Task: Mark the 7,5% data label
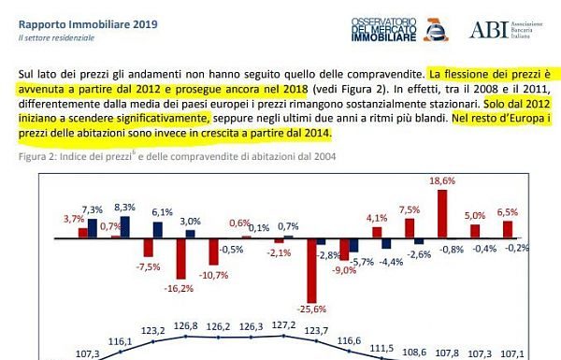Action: (x=410, y=210)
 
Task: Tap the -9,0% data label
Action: (x=345, y=269)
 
